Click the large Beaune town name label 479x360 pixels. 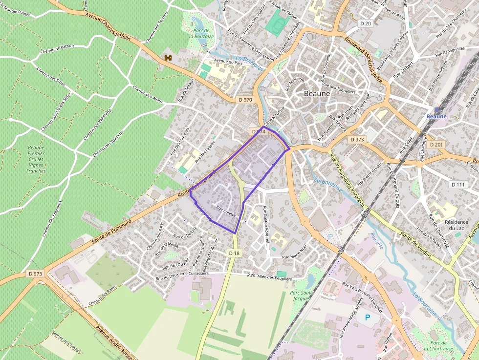[x=317, y=93]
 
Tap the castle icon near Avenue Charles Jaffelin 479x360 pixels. [x=169, y=58]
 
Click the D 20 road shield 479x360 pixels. [x=366, y=23]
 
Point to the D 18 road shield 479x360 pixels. [x=234, y=253]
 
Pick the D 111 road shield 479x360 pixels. [x=458, y=184]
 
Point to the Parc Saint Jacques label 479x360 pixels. [x=301, y=296]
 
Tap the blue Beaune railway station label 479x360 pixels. [x=436, y=116]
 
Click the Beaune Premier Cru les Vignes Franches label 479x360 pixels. [x=36, y=159]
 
